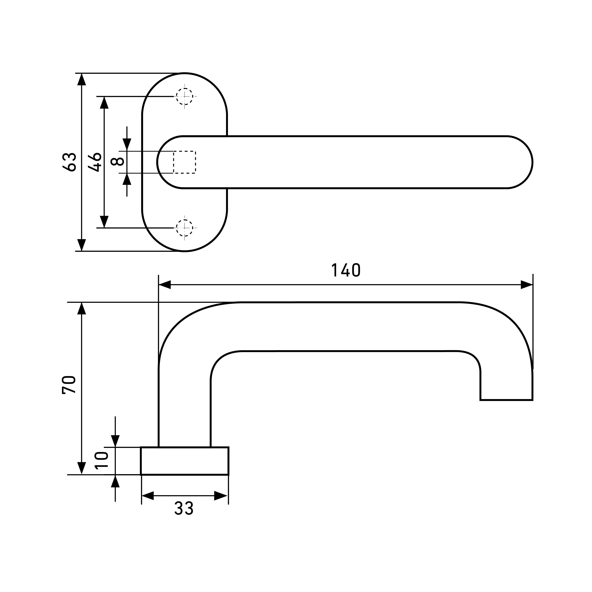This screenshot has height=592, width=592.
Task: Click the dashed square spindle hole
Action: coord(184,162)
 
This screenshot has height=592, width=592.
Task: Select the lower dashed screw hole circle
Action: coord(184,228)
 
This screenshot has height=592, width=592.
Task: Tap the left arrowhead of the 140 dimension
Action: coord(165,285)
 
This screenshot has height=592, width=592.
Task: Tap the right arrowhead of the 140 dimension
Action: coord(526,285)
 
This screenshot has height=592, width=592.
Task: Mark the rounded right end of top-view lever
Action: coord(521,162)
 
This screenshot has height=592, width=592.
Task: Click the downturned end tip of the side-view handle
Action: coord(506,398)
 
